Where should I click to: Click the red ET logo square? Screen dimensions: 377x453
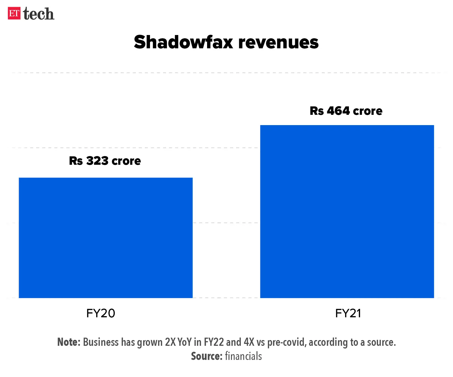[x=14, y=13]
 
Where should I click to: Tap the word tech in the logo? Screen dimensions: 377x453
[x=39, y=14]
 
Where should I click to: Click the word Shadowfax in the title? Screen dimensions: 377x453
[x=183, y=42]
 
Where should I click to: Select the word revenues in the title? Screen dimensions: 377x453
[x=278, y=42]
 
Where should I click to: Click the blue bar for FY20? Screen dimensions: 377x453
[x=105, y=238]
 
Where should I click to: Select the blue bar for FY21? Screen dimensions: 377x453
[x=347, y=211]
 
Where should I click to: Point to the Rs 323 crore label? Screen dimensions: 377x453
[x=105, y=161]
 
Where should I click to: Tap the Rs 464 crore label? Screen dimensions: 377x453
[x=346, y=111]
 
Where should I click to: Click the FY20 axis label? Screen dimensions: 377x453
[x=101, y=313]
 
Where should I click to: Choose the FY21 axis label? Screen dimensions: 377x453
[x=348, y=313]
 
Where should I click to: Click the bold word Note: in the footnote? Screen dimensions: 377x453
[x=69, y=342]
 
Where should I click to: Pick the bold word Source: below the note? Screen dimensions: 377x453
[x=207, y=356]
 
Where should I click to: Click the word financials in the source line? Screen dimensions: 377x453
[x=243, y=356]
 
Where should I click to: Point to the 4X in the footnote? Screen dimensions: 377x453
[x=249, y=342]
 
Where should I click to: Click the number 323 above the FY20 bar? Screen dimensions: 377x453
[x=97, y=161]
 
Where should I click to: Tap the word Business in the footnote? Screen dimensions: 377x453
[x=101, y=342]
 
